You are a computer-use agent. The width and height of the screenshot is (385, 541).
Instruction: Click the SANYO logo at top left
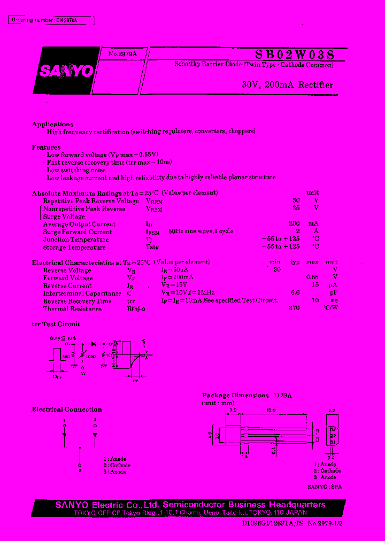pos(66,71)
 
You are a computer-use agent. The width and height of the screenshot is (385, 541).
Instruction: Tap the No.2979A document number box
pos(122,54)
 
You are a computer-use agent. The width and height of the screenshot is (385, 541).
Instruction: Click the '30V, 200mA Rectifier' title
pos(287,85)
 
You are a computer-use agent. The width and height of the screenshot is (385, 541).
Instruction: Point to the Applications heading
pos(53,124)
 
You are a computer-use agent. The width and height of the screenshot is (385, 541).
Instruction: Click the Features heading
pos(47,147)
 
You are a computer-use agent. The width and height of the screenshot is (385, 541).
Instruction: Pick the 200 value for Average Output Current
pos(294,225)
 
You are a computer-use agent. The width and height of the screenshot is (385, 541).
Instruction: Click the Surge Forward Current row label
pos(78,232)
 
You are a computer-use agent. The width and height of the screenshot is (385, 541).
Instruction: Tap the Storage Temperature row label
pos(74,248)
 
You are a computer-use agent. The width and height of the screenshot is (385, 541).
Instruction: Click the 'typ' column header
pos(295,262)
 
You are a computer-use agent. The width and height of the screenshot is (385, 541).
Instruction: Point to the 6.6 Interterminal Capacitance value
pos(295,293)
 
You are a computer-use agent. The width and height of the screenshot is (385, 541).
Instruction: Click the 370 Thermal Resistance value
pos(294,308)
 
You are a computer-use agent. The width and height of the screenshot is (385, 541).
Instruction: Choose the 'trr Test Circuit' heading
pos(56,324)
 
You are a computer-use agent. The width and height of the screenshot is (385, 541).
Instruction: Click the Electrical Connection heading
pos(67,409)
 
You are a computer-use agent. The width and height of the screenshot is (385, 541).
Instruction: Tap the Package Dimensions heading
pos(235,396)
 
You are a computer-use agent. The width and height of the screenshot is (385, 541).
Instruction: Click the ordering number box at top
pos(52,20)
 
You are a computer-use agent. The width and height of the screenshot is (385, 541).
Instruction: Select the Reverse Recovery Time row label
pos(77,301)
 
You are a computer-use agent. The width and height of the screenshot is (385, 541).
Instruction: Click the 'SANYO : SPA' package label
pos(325,487)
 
